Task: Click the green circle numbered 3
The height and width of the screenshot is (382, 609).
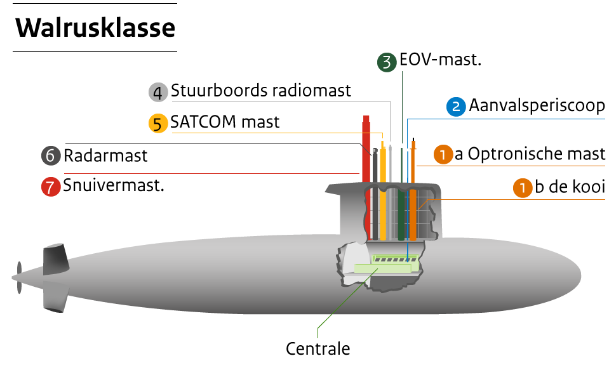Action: pos(387,62)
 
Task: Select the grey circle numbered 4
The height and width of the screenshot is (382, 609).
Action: pos(158,93)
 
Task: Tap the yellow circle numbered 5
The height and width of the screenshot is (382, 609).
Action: pos(158,123)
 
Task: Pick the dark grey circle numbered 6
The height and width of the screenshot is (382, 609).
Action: pos(51,155)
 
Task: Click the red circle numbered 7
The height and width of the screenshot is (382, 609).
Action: pos(51,187)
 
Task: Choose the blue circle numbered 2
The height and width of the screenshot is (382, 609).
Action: pos(456,107)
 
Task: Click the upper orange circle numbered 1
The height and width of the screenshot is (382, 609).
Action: pos(443,154)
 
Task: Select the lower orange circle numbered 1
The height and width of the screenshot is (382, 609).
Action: pos(523,188)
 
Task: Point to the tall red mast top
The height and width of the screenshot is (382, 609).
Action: pos(366,121)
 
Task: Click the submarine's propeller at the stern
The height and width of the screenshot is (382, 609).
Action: pos(19,277)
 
